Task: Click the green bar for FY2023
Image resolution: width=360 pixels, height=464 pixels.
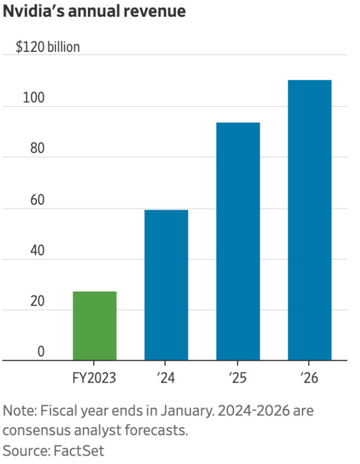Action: point(95,326)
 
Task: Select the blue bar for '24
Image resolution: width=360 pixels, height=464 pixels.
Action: point(166,285)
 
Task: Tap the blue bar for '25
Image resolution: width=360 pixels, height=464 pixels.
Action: point(238,241)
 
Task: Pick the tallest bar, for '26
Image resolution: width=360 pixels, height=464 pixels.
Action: point(310,220)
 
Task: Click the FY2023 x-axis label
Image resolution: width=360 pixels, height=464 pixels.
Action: point(95,379)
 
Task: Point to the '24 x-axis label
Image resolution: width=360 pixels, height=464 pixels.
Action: point(166,379)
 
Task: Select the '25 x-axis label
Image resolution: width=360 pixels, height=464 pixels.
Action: point(238,379)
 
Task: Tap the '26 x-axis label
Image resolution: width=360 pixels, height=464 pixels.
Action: point(310,379)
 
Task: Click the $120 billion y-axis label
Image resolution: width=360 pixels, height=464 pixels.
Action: point(47,47)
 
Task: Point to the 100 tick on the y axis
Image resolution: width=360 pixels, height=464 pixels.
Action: point(33,98)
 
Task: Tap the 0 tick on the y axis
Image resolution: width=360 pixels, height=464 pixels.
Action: point(26,352)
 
